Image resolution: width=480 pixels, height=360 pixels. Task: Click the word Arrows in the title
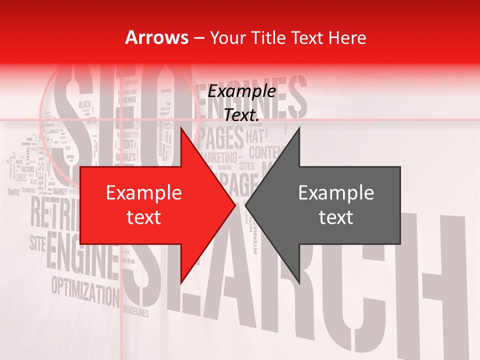click(156, 37)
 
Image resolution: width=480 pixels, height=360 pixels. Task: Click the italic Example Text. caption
click(242, 103)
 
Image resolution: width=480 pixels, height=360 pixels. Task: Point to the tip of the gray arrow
click(246, 205)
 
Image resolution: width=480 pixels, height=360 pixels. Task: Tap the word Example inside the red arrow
click(143, 193)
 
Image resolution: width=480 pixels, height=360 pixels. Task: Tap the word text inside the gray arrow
click(336, 217)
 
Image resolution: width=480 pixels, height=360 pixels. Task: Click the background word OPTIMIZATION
click(82, 290)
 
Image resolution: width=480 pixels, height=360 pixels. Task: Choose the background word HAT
click(255, 136)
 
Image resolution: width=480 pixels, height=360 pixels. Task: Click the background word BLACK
click(85, 104)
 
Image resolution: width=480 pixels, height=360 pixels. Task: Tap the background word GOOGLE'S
click(126, 158)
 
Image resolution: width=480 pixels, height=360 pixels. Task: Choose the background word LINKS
click(21, 177)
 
